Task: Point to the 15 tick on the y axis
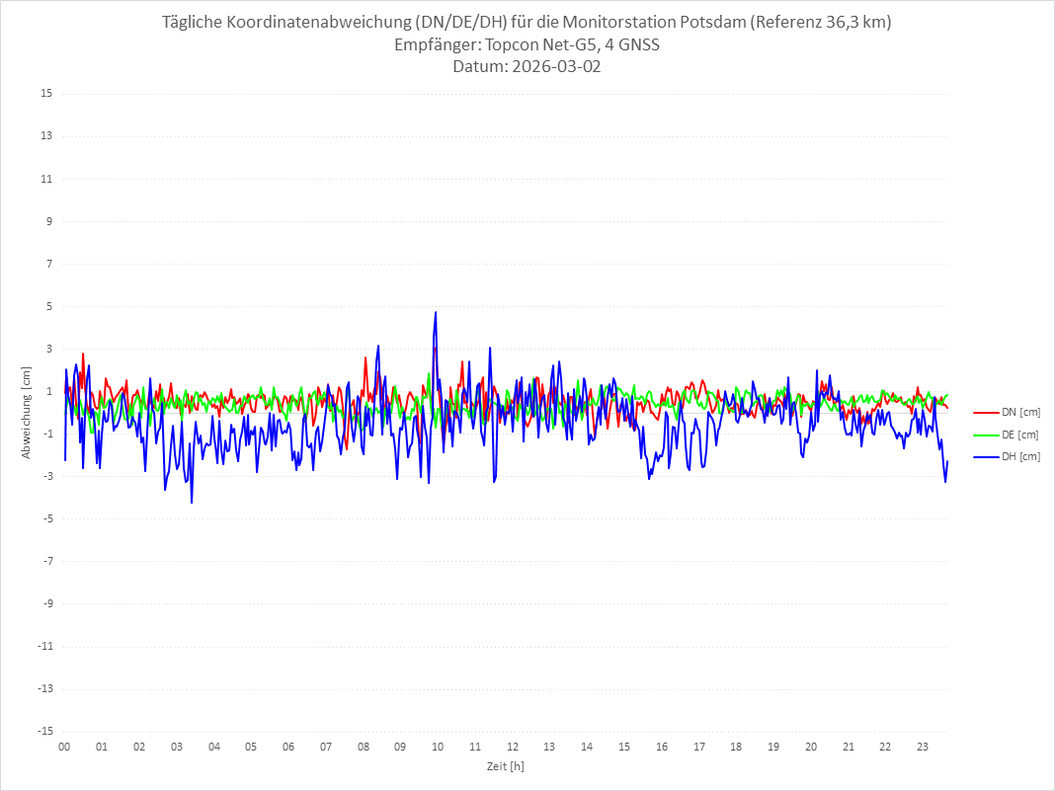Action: point(46,94)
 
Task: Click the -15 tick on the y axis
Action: point(44,731)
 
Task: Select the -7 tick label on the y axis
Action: point(46,561)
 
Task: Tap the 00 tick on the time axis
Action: point(64,747)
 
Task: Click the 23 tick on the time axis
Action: point(923,747)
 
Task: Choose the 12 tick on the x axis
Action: point(513,747)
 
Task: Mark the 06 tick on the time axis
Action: point(288,747)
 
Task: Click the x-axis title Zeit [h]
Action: point(505,765)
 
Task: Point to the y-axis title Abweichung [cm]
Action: point(27,413)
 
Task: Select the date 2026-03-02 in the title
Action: point(549,67)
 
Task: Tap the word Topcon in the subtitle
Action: point(516,45)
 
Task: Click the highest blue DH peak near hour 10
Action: point(435,313)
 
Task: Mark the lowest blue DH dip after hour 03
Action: point(192,502)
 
